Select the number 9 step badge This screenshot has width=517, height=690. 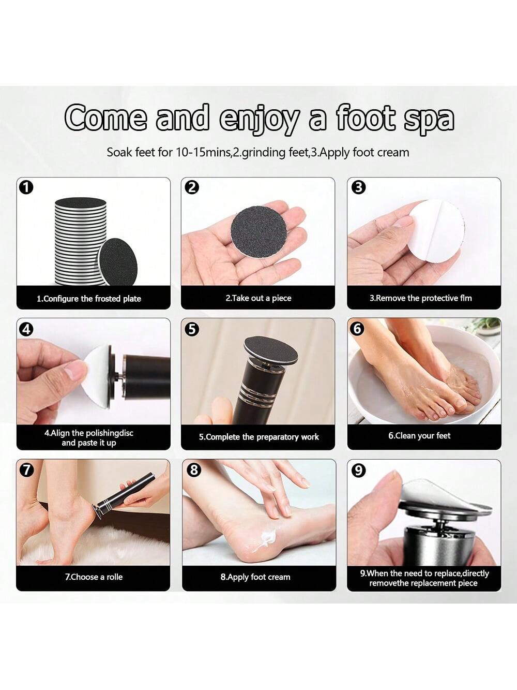click(x=359, y=471)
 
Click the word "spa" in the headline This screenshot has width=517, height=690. click(x=429, y=120)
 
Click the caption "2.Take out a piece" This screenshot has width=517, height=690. click(x=258, y=298)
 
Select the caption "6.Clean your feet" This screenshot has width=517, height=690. click(x=419, y=436)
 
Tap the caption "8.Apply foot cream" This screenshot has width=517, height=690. click(x=255, y=577)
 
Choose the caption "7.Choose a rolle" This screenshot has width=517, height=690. click(x=94, y=577)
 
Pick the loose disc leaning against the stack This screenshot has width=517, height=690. click(x=118, y=261)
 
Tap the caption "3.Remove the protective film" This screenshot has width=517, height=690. click(x=421, y=298)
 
